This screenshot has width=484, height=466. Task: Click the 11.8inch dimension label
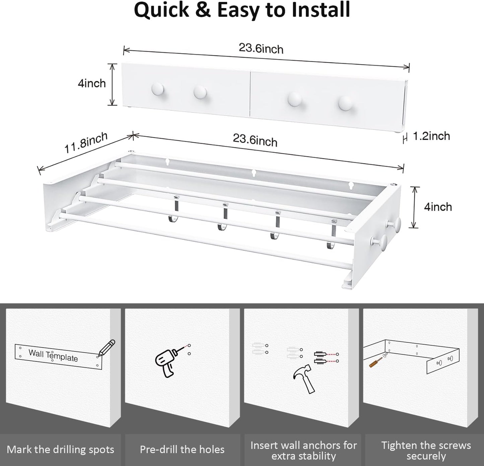86,143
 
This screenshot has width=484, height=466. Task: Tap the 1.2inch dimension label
431,136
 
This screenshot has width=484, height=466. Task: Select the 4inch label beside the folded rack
91,83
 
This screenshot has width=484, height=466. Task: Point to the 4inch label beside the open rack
438,207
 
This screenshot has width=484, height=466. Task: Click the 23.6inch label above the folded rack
261,49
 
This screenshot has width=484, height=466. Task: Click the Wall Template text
53,355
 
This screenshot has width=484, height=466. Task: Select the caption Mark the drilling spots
60,450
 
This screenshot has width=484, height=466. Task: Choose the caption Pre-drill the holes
182,450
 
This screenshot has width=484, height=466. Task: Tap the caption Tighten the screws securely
426,451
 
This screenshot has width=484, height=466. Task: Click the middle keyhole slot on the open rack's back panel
254,173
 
